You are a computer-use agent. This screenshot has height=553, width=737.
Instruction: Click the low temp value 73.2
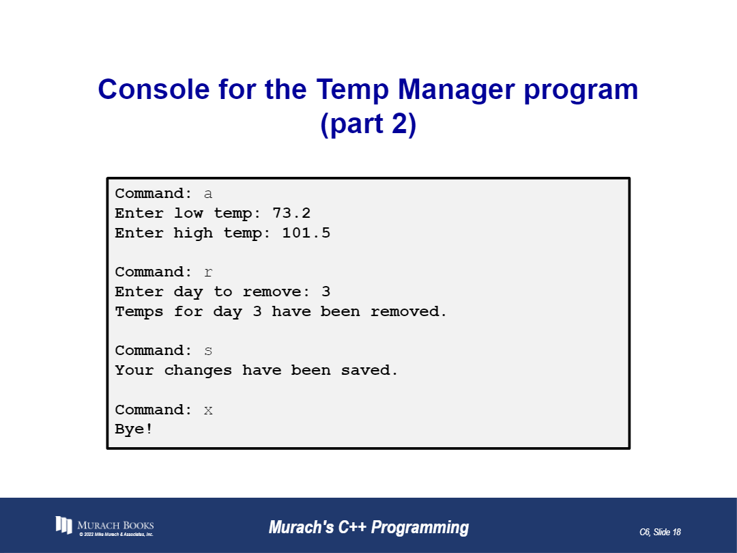tap(291, 213)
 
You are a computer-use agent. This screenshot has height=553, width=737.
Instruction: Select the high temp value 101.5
tap(306, 233)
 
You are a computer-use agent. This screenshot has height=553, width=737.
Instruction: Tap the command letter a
tap(208, 194)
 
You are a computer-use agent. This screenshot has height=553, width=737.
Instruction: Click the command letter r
tap(208, 272)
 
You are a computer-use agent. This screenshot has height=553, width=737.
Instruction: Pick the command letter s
tap(208, 351)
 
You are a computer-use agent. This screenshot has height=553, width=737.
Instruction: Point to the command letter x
tap(208, 410)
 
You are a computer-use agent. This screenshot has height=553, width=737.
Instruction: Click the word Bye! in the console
tap(134, 429)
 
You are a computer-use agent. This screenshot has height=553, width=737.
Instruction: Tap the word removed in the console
tap(408, 311)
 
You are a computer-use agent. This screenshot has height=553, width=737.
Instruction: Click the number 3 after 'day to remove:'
tap(326, 292)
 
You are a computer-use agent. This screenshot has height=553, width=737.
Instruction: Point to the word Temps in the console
tap(139, 311)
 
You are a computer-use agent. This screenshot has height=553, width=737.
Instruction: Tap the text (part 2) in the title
tap(368, 125)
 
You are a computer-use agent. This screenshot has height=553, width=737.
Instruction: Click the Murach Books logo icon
tap(63, 525)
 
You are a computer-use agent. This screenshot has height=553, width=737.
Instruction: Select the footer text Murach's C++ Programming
tap(369, 528)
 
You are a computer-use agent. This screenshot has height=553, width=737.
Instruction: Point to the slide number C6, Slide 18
tap(660, 532)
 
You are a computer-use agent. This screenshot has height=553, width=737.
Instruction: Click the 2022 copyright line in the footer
tap(116, 535)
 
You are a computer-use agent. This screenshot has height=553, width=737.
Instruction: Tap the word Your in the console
tap(134, 371)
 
